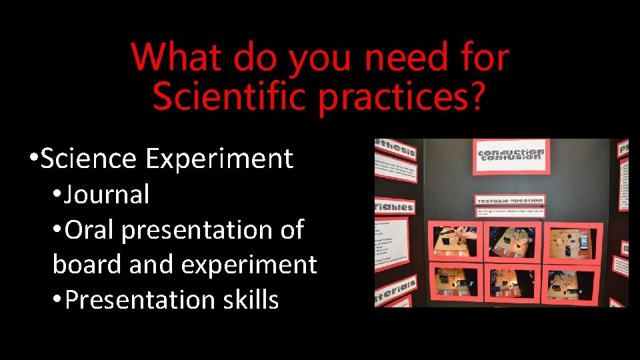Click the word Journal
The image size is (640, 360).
pyautogui.click(x=107, y=195)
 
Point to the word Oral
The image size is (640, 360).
pyautogui.click(x=91, y=230)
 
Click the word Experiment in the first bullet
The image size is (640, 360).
pyautogui.click(x=219, y=159)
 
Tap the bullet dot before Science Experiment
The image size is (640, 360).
pyautogui.click(x=33, y=159)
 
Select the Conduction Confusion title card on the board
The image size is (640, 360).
pyautogui.click(x=511, y=156)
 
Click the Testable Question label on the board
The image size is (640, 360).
pyautogui.click(x=510, y=200)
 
